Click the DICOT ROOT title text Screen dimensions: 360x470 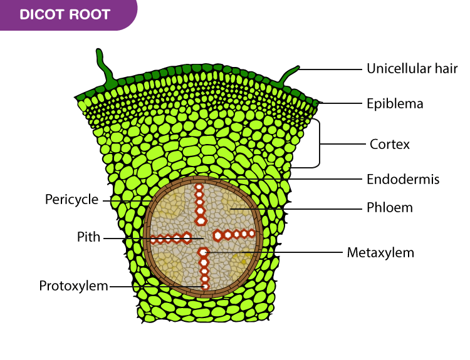pos(65,14)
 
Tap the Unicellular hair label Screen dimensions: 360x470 pos(412,68)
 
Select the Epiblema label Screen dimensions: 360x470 pos(395,103)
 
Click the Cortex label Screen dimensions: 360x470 pos(390,144)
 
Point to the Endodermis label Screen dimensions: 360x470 pos(403,179)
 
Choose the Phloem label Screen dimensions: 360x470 pos(390,207)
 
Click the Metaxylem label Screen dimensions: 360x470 pos(380,252)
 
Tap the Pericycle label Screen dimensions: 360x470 pos(71,200)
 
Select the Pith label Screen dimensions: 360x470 pos(88,238)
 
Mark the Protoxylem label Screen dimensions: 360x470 pos(73,286)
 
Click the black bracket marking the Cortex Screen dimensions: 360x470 pos(318,144)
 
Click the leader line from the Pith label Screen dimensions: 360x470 pos(150,239)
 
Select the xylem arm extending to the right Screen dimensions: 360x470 pos(235,235)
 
